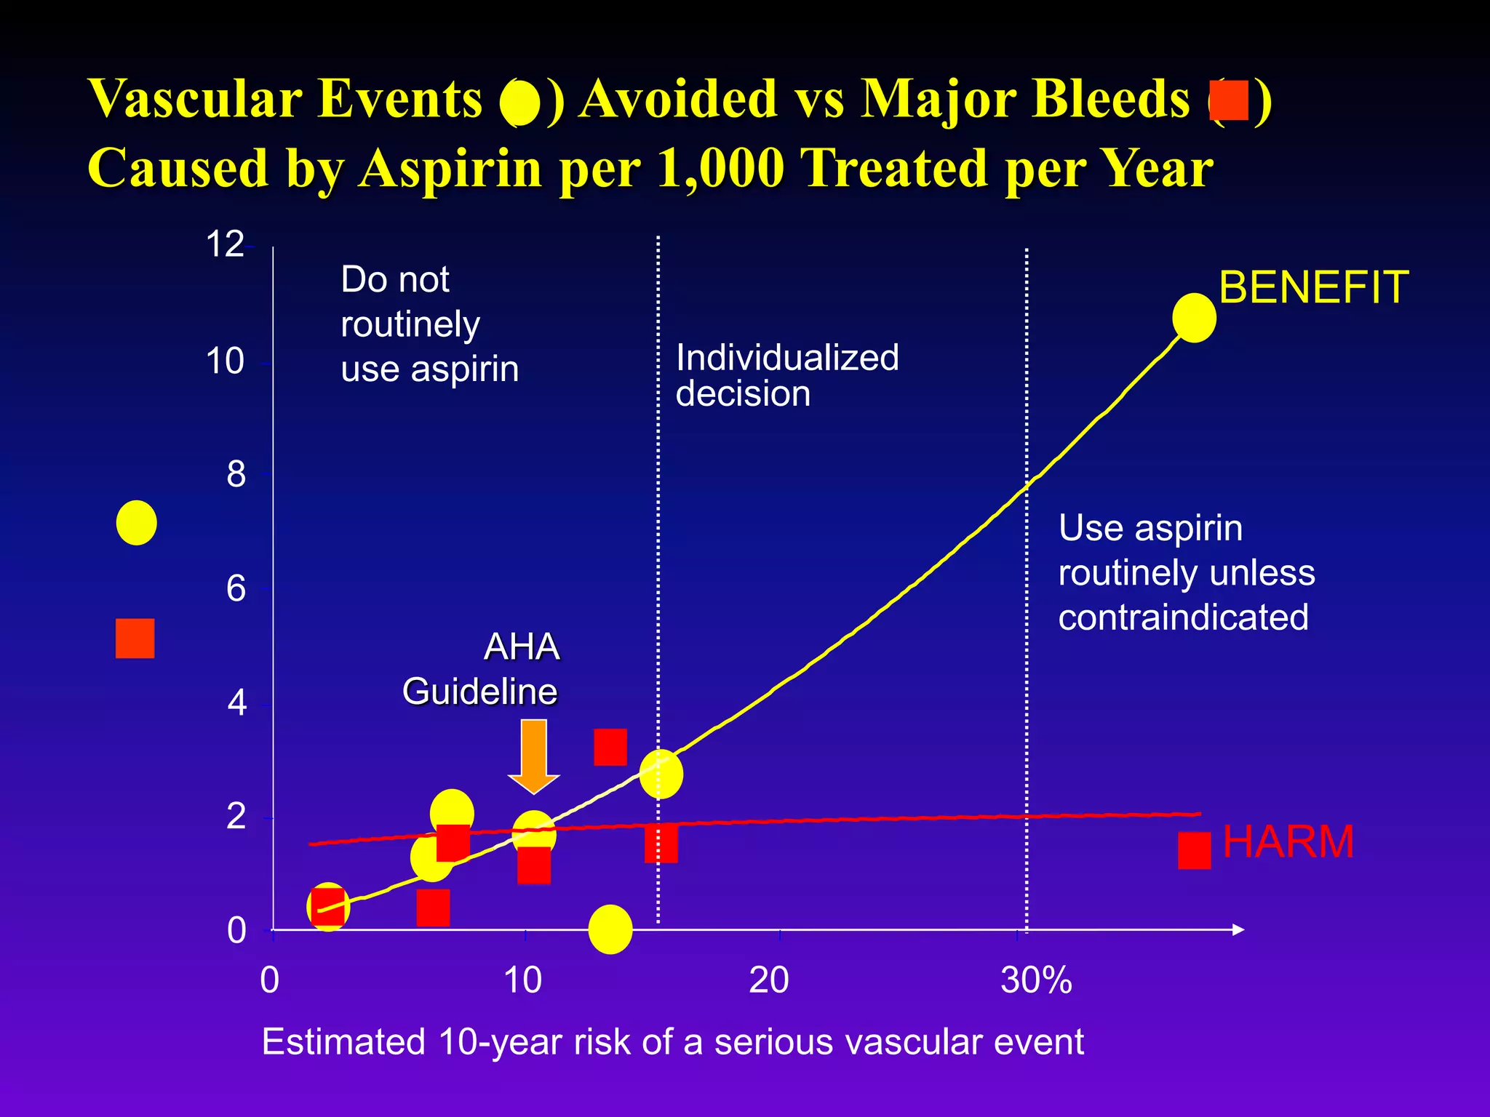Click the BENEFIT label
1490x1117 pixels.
(1313, 287)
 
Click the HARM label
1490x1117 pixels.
(1288, 842)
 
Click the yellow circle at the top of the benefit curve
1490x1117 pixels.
(1194, 318)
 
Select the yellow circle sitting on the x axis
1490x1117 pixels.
(610, 929)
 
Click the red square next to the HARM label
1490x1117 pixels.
(1194, 851)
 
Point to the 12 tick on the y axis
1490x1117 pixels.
(225, 244)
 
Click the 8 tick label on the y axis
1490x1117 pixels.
(236, 475)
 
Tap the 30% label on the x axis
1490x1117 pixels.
(1036, 980)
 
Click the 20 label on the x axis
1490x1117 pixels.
(768, 980)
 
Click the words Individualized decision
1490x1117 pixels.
(786, 375)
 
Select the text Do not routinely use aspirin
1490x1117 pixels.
(429, 324)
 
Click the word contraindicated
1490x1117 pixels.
(1183, 617)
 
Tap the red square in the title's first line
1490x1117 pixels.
(1229, 100)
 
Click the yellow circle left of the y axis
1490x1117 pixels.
(136, 523)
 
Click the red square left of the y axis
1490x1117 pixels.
(135, 638)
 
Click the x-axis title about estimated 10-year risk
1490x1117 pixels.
(672, 1042)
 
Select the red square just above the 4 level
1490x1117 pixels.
(610, 747)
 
